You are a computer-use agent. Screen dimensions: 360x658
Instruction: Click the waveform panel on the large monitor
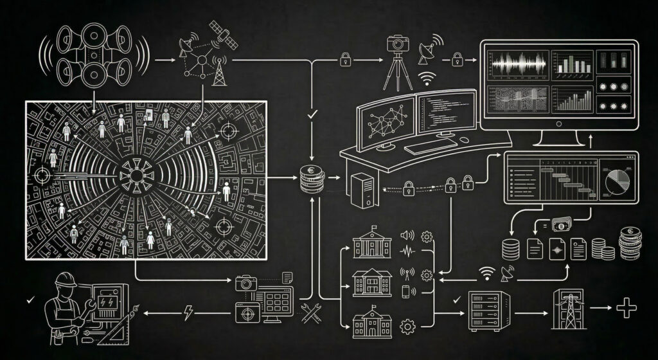pyautogui.click(x=517, y=65)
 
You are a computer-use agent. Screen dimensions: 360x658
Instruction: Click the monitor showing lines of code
pyautogui.click(x=445, y=114)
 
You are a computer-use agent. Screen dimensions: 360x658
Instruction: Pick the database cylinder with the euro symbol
pyautogui.click(x=310, y=177)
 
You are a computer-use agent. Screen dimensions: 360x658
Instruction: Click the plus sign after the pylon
pyautogui.click(x=625, y=308)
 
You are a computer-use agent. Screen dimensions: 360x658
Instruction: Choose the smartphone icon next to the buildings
pyautogui.click(x=406, y=291)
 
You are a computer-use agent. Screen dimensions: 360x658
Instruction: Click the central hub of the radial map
pyautogui.click(x=138, y=172)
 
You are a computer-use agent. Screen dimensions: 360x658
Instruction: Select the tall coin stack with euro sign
pyautogui.click(x=630, y=244)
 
